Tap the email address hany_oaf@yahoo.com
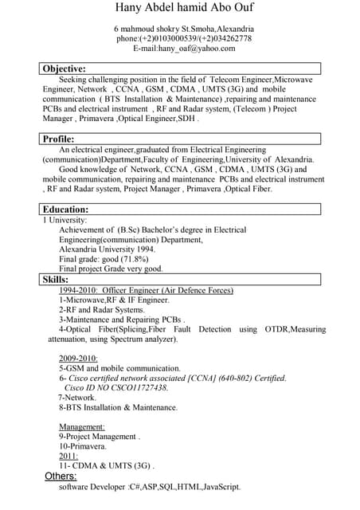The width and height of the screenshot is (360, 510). point(197,48)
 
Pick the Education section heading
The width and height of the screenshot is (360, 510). point(65,209)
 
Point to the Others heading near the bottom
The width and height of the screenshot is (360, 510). point(61,476)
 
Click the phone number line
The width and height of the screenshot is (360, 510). point(184,38)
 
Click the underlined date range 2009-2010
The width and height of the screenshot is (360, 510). point(78,359)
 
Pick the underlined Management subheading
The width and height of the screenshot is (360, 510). point(82,427)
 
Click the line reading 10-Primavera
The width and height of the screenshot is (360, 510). point(83,446)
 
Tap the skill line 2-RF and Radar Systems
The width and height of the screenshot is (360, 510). point(102,310)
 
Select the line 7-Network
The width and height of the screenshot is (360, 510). point(77,397)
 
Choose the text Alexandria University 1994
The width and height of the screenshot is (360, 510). point(108,249)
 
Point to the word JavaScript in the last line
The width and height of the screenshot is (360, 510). point(221,486)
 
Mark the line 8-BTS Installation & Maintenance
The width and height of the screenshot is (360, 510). point(118,407)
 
